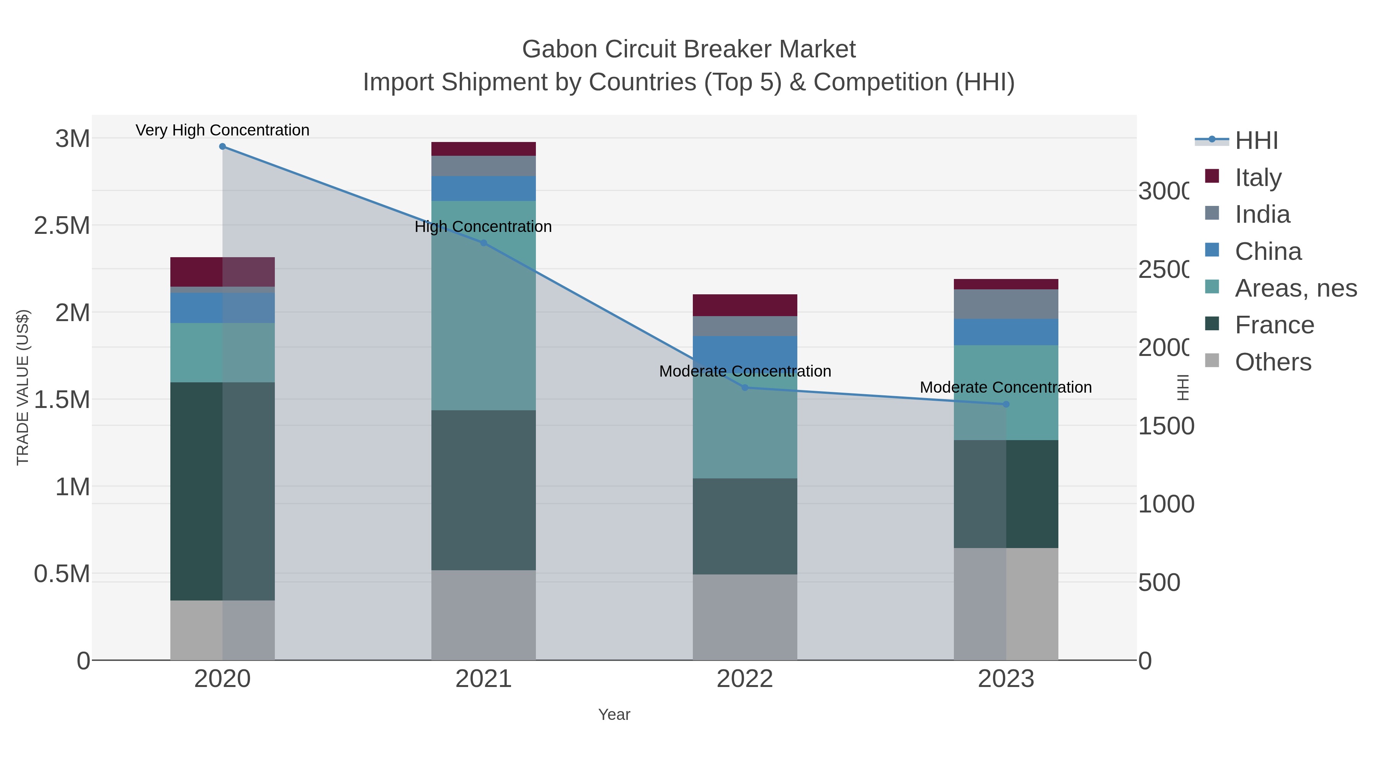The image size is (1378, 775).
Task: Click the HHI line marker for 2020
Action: [222, 147]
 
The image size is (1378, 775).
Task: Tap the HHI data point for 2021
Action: [483, 243]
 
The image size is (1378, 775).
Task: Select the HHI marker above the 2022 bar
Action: [745, 388]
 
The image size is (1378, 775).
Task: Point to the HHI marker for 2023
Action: [1006, 405]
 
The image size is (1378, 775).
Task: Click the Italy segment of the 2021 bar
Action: [483, 149]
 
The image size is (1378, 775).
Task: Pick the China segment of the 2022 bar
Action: [745, 350]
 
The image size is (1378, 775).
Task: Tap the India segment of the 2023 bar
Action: [1006, 304]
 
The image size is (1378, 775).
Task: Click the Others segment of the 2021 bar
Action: [483, 615]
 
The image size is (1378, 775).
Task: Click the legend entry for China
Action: [1268, 251]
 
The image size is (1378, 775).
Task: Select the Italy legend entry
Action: [1258, 178]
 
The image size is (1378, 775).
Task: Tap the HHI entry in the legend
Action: [1256, 141]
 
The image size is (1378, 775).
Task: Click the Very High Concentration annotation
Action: [222, 131]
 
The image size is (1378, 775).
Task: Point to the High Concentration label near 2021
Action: [483, 227]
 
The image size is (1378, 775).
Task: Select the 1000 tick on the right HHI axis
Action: [1166, 504]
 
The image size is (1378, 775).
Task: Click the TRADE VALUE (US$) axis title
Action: [23, 387]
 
